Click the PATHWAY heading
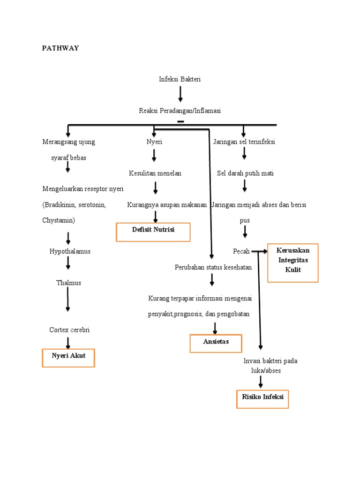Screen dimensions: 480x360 point(60,48)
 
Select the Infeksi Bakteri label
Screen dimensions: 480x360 point(180,79)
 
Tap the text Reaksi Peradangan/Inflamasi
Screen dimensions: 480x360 point(180,111)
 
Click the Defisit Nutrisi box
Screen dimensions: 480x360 point(153,232)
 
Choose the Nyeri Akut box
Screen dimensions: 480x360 point(68,358)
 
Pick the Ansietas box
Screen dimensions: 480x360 point(216,343)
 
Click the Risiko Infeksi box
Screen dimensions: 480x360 point(262,398)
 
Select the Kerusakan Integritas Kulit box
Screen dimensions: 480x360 point(292,262)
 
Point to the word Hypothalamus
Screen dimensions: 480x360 point(70,251)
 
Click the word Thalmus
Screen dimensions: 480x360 point(68,283)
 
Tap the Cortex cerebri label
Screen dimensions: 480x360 point(69,330)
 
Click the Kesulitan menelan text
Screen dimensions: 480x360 point(155,173)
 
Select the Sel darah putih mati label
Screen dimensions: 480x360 point(245,173)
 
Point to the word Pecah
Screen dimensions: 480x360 point(241,251)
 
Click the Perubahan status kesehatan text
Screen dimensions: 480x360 point(213,267)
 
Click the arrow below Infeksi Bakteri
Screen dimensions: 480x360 point(180,94)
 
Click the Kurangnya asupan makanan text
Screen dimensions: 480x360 point(167,205)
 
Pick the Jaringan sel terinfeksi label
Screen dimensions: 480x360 point(244,142)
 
